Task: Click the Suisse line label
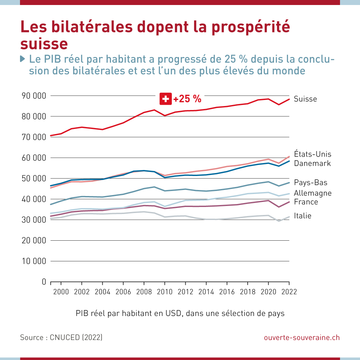(x=305, y=99)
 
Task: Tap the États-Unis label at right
(x=312, y=154)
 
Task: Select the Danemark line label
(x=312, y=163)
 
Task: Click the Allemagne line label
(x=313, y=193)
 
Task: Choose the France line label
(x=306, y=202)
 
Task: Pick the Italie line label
(x=302, y=216)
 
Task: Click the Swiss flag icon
(x=165, y=99)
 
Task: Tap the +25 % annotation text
(x=187, y=99)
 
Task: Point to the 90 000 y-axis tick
(x=34, y=96)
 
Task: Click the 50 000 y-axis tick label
(x=34, y=179)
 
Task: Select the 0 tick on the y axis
(x=44, y=282)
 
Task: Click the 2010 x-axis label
(x=164, y=292)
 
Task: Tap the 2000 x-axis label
(x=61, y=292)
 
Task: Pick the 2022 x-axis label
(x=289, y=292)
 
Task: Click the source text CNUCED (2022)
(x=76, y=337)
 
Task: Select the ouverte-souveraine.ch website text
(x=302, y=337)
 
